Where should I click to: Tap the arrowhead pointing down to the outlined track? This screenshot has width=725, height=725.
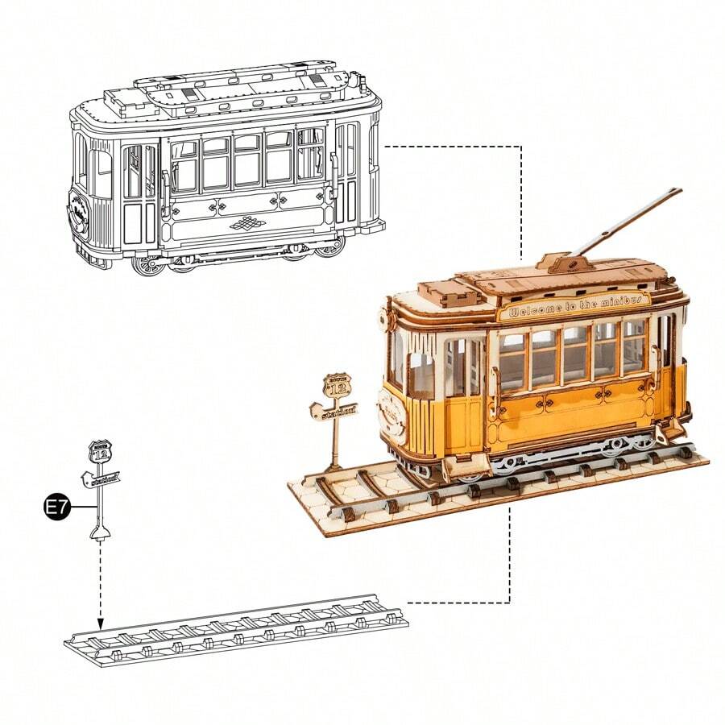click(101, 623)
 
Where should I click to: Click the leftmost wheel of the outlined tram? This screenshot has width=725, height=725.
click(147, 264)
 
